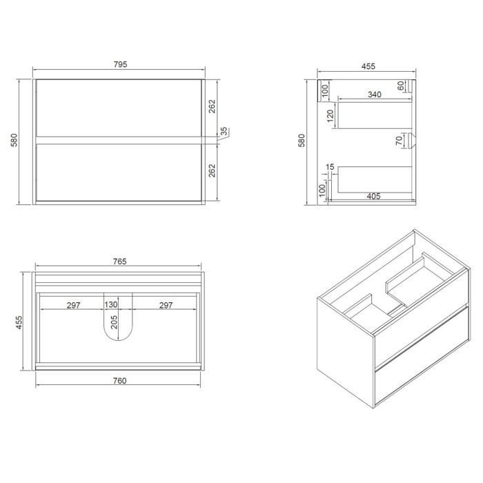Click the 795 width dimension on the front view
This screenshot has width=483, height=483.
pos(120,64)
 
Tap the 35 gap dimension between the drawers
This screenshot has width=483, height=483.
pos(224,131)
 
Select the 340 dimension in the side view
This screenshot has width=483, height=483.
pos(375,95)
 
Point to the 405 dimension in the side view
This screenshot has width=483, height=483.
pos(374,196)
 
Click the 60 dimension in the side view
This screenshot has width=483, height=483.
pos(400,86)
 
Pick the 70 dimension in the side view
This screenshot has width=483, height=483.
pos(399,141)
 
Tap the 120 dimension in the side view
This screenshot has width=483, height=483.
pos(331,116)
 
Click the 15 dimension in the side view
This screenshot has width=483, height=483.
pos(330,167)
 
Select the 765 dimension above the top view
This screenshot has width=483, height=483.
pos(119,262)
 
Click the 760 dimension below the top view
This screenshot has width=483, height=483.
pos(119,381)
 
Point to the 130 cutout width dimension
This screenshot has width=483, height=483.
pos(110,304)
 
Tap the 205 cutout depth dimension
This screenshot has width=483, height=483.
pos(114,322)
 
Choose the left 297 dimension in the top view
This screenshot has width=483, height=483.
pos(74,305)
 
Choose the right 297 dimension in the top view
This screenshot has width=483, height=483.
pos(166,305)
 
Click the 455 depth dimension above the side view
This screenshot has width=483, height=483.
pos(368,66)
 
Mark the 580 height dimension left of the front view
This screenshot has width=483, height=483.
pos(14,140)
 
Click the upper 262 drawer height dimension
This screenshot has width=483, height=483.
pos(212,106)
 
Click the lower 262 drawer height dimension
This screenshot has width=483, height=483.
pos(212,170)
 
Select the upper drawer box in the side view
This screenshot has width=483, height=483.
pos(375,115)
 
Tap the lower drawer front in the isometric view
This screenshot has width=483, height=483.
pos(422,357)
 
